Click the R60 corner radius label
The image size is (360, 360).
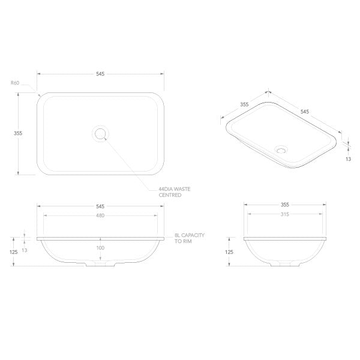[15, 83]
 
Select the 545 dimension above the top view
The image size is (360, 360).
[100, 74]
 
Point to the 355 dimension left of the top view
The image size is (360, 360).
[18, 134]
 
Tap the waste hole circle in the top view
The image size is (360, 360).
[100, 133]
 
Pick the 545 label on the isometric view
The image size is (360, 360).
[304, 112]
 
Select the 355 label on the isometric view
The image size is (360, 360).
[244, 104]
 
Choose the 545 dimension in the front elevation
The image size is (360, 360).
[100, 206]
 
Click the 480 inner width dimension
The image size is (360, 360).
[100, 216]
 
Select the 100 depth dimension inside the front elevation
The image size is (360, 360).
[100, 247]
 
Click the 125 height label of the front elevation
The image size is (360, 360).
[14, 252]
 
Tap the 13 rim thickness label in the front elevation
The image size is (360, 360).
[25, 250]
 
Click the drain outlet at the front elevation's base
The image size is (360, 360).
[100, 263]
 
